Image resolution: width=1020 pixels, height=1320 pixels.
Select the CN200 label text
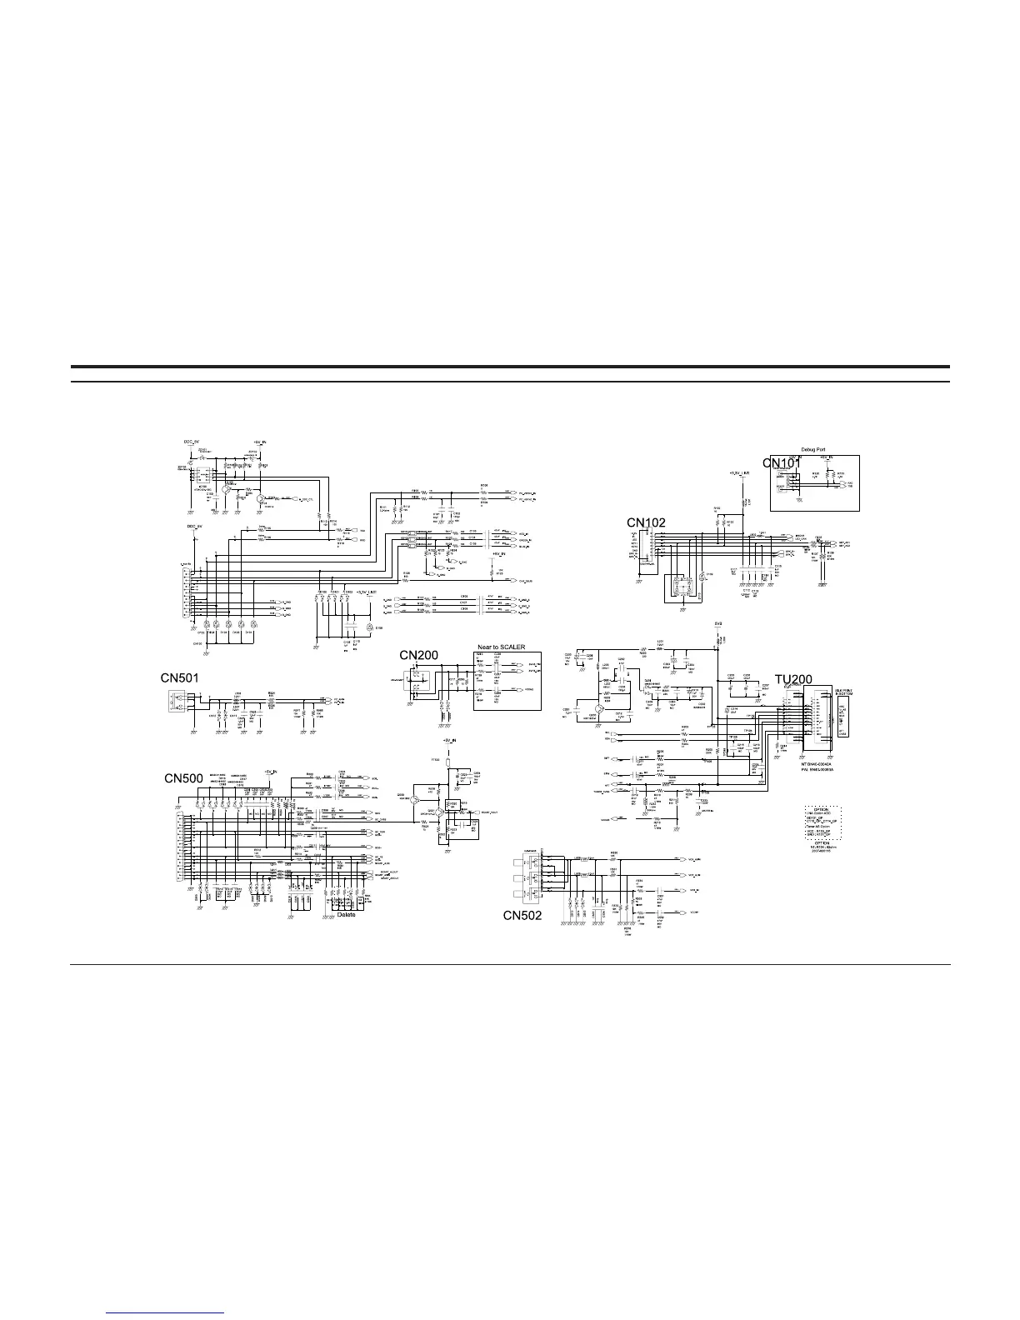tap(418, 655)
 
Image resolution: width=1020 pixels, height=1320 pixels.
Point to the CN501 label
tap(180, 679)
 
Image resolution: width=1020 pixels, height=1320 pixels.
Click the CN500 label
tap(183, 778)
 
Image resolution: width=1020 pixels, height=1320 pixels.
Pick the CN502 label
tap(522, 915)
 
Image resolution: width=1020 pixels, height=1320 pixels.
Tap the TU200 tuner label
tap(792, 680)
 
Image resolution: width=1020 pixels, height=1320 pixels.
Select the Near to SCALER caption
tap(502, 647)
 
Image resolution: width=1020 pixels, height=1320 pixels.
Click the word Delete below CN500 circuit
tap(346, 914)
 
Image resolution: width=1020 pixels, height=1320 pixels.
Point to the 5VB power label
tap(718, 624)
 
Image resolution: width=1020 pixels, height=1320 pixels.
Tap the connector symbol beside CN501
tap(172, 701)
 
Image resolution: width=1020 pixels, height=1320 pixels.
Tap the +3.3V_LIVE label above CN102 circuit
tap(739, 472)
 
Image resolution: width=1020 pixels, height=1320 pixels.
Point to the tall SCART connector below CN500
tap(179, 847)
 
